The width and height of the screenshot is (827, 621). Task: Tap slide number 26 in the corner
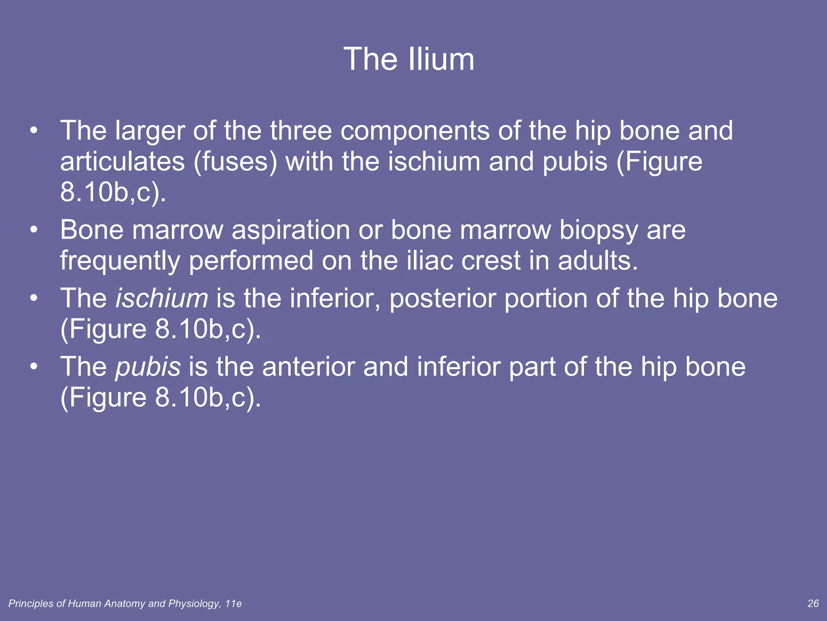813,604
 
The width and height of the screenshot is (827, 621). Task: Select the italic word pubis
148,367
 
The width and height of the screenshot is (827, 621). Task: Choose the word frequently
120,261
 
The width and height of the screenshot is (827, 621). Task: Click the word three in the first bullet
301,131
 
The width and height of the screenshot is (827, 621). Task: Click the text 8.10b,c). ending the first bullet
113,192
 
